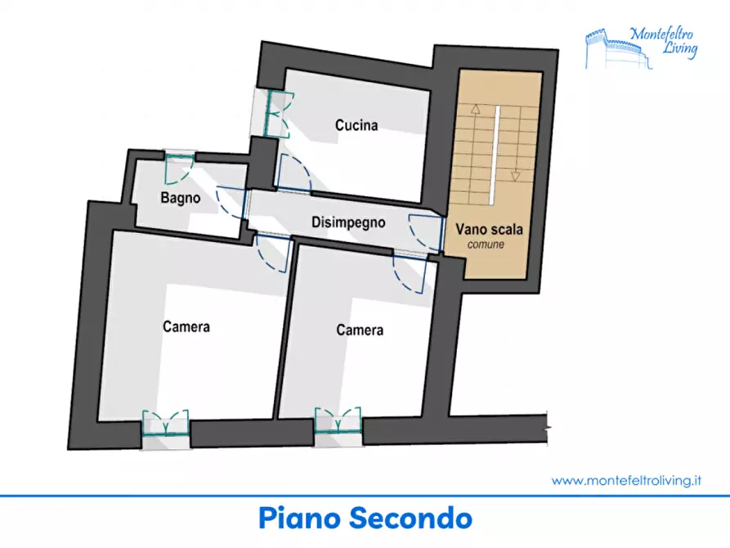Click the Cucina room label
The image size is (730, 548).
[x=356, y=125]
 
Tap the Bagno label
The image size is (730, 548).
[x=181, y=198]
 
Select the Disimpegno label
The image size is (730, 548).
[x=348, y=222]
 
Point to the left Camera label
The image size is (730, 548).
[x=186, y=326]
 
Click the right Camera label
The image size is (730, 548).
[x=360, y=330]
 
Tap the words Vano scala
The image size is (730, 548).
[x=489, y=229]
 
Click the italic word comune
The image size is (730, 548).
[x=486, y=245]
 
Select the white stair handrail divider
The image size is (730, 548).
[x=495, y=155]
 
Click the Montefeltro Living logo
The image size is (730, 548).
[x=642, y=47]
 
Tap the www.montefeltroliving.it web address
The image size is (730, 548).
[x=626, y=480]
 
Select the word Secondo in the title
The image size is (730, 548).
[x=411, y=519]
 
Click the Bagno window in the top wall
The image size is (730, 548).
[x=180, y=163]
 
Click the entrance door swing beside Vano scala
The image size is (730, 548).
[x=425, y=232]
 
